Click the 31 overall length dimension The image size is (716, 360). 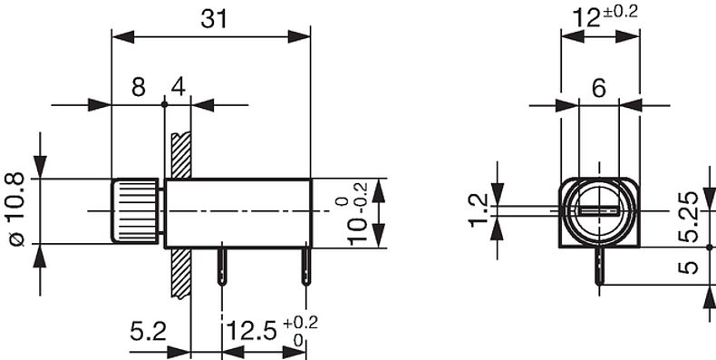pyautogui.click(x=214, y=20)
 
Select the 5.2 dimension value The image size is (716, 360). pyautogui.click(x=149, y=332)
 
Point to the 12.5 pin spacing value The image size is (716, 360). pyautogui.click(x=251, y=332)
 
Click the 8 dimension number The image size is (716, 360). pyautogui.click(x=139, y=87)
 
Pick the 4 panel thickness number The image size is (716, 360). pyautogui.click(x=179, y=87)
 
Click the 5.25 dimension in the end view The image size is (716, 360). pyautogui.click(x=688, y=217)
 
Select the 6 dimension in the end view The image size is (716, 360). pyautogui.click(x=599, y=88)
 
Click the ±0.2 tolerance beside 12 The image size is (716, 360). pyautogui.click(x=619, y=12)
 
